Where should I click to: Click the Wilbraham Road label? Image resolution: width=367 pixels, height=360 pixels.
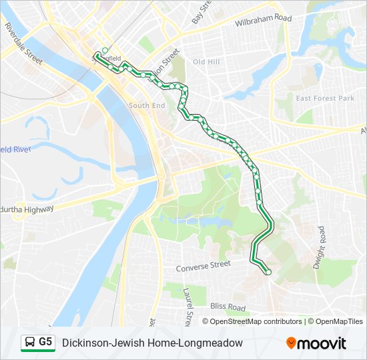pos(263,21)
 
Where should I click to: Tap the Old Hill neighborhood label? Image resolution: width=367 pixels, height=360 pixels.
pos(206,61)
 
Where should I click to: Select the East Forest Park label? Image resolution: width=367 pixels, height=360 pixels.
pos(325,99)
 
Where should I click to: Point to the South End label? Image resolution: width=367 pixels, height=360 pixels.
pos(147,105)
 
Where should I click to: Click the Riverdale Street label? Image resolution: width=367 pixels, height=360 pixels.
pos(23,45)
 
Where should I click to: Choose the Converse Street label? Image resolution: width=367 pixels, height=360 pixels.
pos(203,267)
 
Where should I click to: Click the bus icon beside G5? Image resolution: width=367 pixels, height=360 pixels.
pos(29,343)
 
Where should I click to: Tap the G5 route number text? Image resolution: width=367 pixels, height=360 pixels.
pos(45,342)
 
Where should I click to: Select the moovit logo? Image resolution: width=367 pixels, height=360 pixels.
pos(316,343)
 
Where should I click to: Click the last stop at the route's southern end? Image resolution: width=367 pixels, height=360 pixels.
pos(268,272)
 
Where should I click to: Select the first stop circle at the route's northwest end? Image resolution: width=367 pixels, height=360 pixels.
pos(105,50)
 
